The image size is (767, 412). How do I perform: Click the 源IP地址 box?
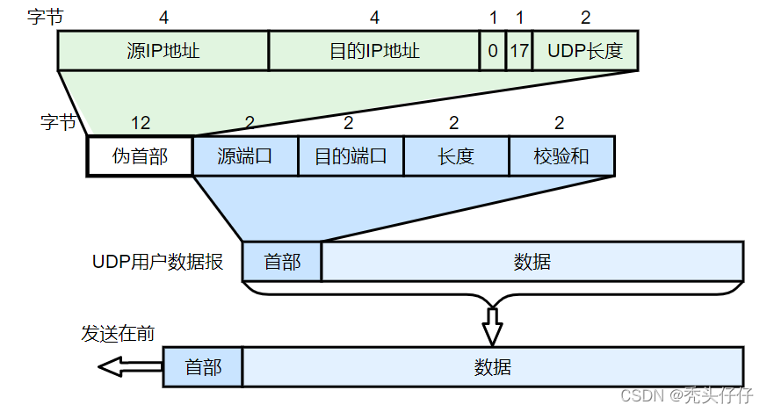(x=163, y=50)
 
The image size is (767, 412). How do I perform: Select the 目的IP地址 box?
(x=374, y=50)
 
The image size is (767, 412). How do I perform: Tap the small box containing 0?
(x=493, y=50)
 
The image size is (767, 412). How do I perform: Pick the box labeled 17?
(x=519, y=50)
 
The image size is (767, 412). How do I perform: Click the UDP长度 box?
(x=585, y=50)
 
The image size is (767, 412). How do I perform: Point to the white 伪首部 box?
(x=140, y=156)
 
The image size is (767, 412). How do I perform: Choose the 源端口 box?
(x=245, y=156)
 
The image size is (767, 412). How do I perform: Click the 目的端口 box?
(x=351, y=156)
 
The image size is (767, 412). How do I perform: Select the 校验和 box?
(x=561, y=156)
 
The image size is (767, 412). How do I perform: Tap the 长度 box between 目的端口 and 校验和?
(x=456, y=156)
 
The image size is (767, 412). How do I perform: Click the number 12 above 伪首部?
(x=140, y=123)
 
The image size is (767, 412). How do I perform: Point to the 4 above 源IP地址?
(x=163, y=17)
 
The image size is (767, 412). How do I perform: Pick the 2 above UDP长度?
(x=586, y=17)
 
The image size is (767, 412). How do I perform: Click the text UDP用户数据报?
(x=157, y=262)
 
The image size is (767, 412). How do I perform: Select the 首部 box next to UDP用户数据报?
(x=281, y=262)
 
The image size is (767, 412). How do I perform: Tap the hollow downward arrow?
(x=492, y=327)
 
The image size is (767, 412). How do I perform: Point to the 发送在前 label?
(x=119, y=334)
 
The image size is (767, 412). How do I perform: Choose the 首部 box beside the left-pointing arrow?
(x=203, y=366)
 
